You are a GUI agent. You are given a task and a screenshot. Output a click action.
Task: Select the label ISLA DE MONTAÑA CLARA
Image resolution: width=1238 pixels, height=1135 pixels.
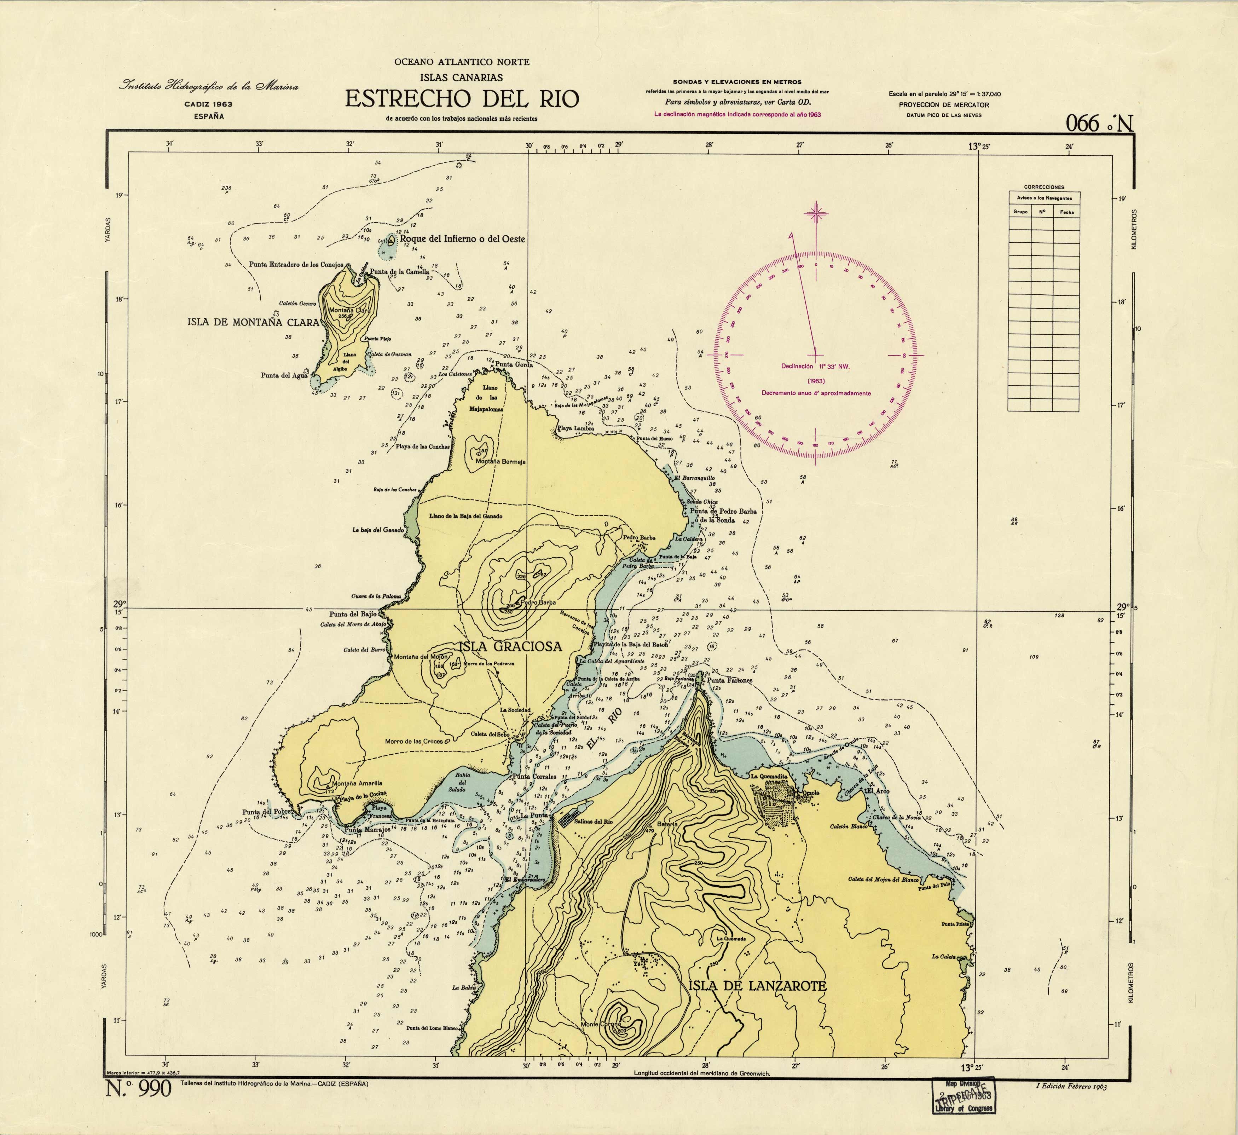tap(253, 322)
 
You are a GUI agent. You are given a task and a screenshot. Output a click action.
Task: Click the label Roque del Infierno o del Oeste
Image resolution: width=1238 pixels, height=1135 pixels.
tap(462, 239)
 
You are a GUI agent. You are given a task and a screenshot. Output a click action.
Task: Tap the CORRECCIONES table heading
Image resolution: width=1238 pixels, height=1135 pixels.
tap(1044, 187)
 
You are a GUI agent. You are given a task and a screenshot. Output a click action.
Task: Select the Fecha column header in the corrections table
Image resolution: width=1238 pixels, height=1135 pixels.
tap(1067, 212)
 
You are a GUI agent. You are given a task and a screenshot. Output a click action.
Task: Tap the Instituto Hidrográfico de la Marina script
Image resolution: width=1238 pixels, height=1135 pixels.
tap(209, 87)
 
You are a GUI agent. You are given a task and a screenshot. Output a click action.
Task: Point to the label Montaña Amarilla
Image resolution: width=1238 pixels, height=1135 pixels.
tap(357, 783)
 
